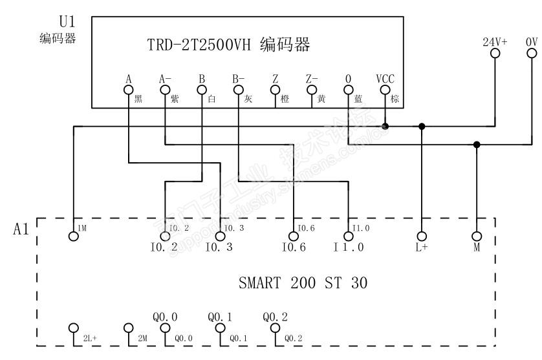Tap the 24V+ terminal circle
[x=495, y=54]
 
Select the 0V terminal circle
[x=532, y=54]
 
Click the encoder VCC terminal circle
[x=385, y=90]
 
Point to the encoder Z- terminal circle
[x=312, y=90]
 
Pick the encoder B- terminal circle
[x=239, y=90]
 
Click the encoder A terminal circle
[x=129, y=90]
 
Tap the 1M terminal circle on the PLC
[x=74, y=236]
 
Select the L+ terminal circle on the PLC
[x=422, y=236]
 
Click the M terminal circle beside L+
[x=477, y=236]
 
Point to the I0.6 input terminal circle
[x=294, y=236]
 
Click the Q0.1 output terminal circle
[x=221, y=328]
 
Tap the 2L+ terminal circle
[x=74, y=328]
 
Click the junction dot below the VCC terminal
[x=385, y=126]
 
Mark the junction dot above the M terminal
[x=477, y=144]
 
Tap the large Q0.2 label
[x=276, y=317]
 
